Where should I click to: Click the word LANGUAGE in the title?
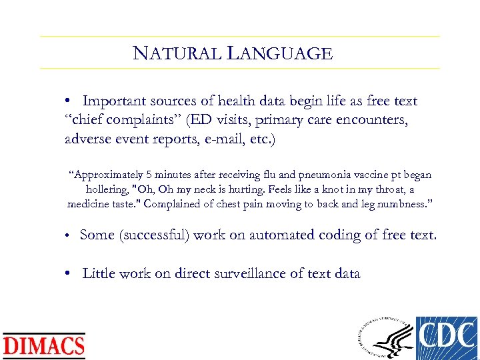[280, 53]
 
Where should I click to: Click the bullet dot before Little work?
[69, 273]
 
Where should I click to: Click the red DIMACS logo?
[44, 345]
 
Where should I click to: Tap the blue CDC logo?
[446, 337]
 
